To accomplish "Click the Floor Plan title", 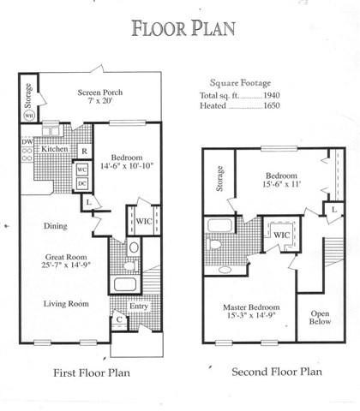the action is click(x=183, y=28).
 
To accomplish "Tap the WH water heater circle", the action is click(x=28, y=116).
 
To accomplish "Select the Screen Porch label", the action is click(x=100, y=92).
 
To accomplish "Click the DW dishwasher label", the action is click(x=27, y=141).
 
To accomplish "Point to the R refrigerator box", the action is click(x=85, y=151).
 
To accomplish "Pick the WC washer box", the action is click(x=82, y=170).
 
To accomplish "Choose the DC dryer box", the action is click(x=82, y=183).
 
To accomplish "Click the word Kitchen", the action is click(x=55, y=149).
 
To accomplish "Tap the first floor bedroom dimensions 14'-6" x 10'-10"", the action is click(x=127, y=166).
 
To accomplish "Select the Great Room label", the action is click(x=66, y=257).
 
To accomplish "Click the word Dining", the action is click(x=56, y=226).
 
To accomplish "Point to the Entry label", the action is click(x=139, y=307).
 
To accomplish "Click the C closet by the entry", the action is click(x=119, y=319).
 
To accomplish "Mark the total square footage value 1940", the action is click(x=272, y=95).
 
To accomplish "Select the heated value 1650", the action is click(x=272, y=105).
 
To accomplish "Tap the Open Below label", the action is click(x=320, y=318).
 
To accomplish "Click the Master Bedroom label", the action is click(x=251, y=307).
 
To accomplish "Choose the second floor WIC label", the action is click(x=282, y=235).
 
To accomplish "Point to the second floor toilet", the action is click(x=213, y=244).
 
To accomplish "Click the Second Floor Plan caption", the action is click(x=277, y=372).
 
